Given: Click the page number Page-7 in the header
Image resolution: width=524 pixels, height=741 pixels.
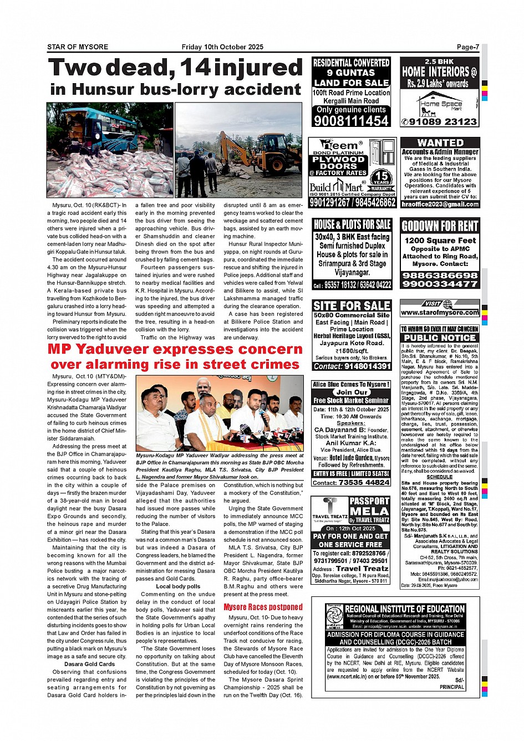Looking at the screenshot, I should pyautogui.click(x=467, y=47).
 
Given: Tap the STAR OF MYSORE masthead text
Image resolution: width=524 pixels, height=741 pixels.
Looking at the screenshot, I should pyautogui.click(x=78, y=47).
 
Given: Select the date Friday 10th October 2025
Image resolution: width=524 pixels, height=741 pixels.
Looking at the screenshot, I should pyautogui.click(x=222, y=47).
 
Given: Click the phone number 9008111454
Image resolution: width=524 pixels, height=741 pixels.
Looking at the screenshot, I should pyautogui.click(x=352, y=121).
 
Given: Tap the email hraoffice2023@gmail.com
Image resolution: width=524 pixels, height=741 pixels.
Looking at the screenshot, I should pyautogui.click(x=440, y=204).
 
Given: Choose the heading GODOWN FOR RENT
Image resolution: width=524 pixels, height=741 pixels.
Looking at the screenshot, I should pyautogui.click(x=440, y=226).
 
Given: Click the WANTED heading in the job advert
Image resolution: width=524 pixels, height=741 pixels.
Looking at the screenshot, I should pyautogui.click(x=440, y=143).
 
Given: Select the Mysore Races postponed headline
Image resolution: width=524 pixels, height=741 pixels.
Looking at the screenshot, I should pyautogui.click(x=263, y=607).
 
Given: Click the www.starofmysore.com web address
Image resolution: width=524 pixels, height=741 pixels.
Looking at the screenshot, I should pyautogui.click(x=440, y=313).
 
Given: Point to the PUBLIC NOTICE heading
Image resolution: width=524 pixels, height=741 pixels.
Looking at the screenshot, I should pyautogui.click(x=440, y=338).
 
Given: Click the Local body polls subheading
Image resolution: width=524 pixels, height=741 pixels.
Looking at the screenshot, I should pyautogui.click(x=178, y=586).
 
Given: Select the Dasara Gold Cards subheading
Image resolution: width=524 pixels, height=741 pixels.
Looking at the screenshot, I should pyautogui.click(x=89, y=664).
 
